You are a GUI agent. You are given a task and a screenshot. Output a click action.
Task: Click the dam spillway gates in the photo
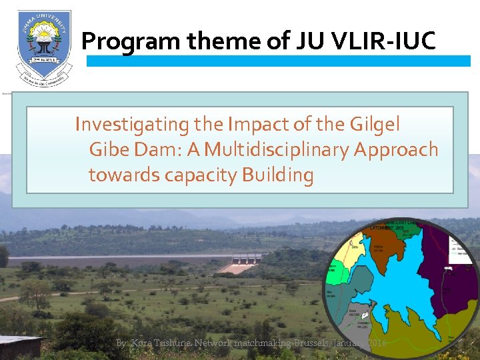(x=246, y=257)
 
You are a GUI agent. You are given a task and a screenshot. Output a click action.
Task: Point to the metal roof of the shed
(x=18, y=341)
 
